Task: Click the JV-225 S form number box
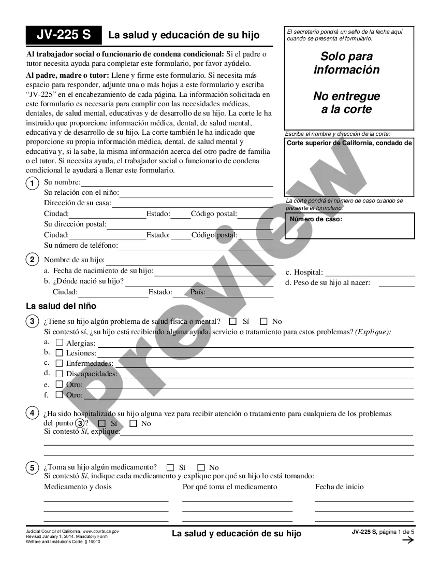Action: (64, 35)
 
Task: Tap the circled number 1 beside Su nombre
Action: (32, 183)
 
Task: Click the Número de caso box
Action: (349, 225)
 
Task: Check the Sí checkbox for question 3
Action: (232, 321)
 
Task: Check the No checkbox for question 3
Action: (263, 321)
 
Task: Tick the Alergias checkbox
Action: (60, 343)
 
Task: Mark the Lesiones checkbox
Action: (60, 353)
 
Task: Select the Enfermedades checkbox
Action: (60, 363)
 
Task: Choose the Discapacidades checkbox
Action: (60, 374)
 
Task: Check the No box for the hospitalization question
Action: (133, 423)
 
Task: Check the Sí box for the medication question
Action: (170, 467)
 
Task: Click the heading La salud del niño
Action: (61, 306)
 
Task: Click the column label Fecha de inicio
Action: (340, 487)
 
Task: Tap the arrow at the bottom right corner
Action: (408, 540)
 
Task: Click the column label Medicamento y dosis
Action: (78, 487)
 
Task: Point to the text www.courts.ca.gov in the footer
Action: (101, 532)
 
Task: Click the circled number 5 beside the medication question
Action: (32, 468)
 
